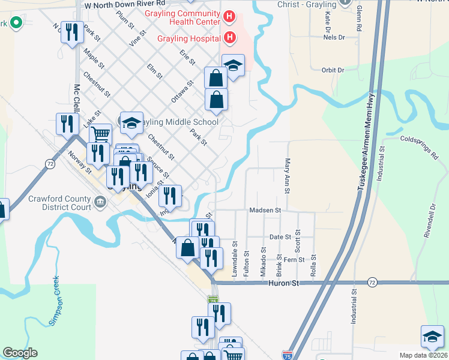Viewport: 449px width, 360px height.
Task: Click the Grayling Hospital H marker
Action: [x=229, y=38]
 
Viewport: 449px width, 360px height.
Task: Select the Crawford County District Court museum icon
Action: [x=100, y=205]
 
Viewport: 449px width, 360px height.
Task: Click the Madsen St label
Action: [x=265, y=211]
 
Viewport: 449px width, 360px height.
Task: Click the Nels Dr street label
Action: [x=334, y=37]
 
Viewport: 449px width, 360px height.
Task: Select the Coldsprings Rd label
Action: [x=419, y=147]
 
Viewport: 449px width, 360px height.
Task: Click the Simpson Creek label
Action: [x=55, y=301]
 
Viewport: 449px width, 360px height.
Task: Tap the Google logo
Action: [x=20, y=353]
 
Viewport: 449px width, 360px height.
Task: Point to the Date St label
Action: [x=280, y=238]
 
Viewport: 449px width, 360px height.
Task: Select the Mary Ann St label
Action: [x=287, y=176]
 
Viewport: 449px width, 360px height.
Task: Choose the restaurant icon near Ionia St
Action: [x=170, y=196]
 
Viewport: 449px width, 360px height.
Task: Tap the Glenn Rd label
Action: [x=358, y=20]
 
